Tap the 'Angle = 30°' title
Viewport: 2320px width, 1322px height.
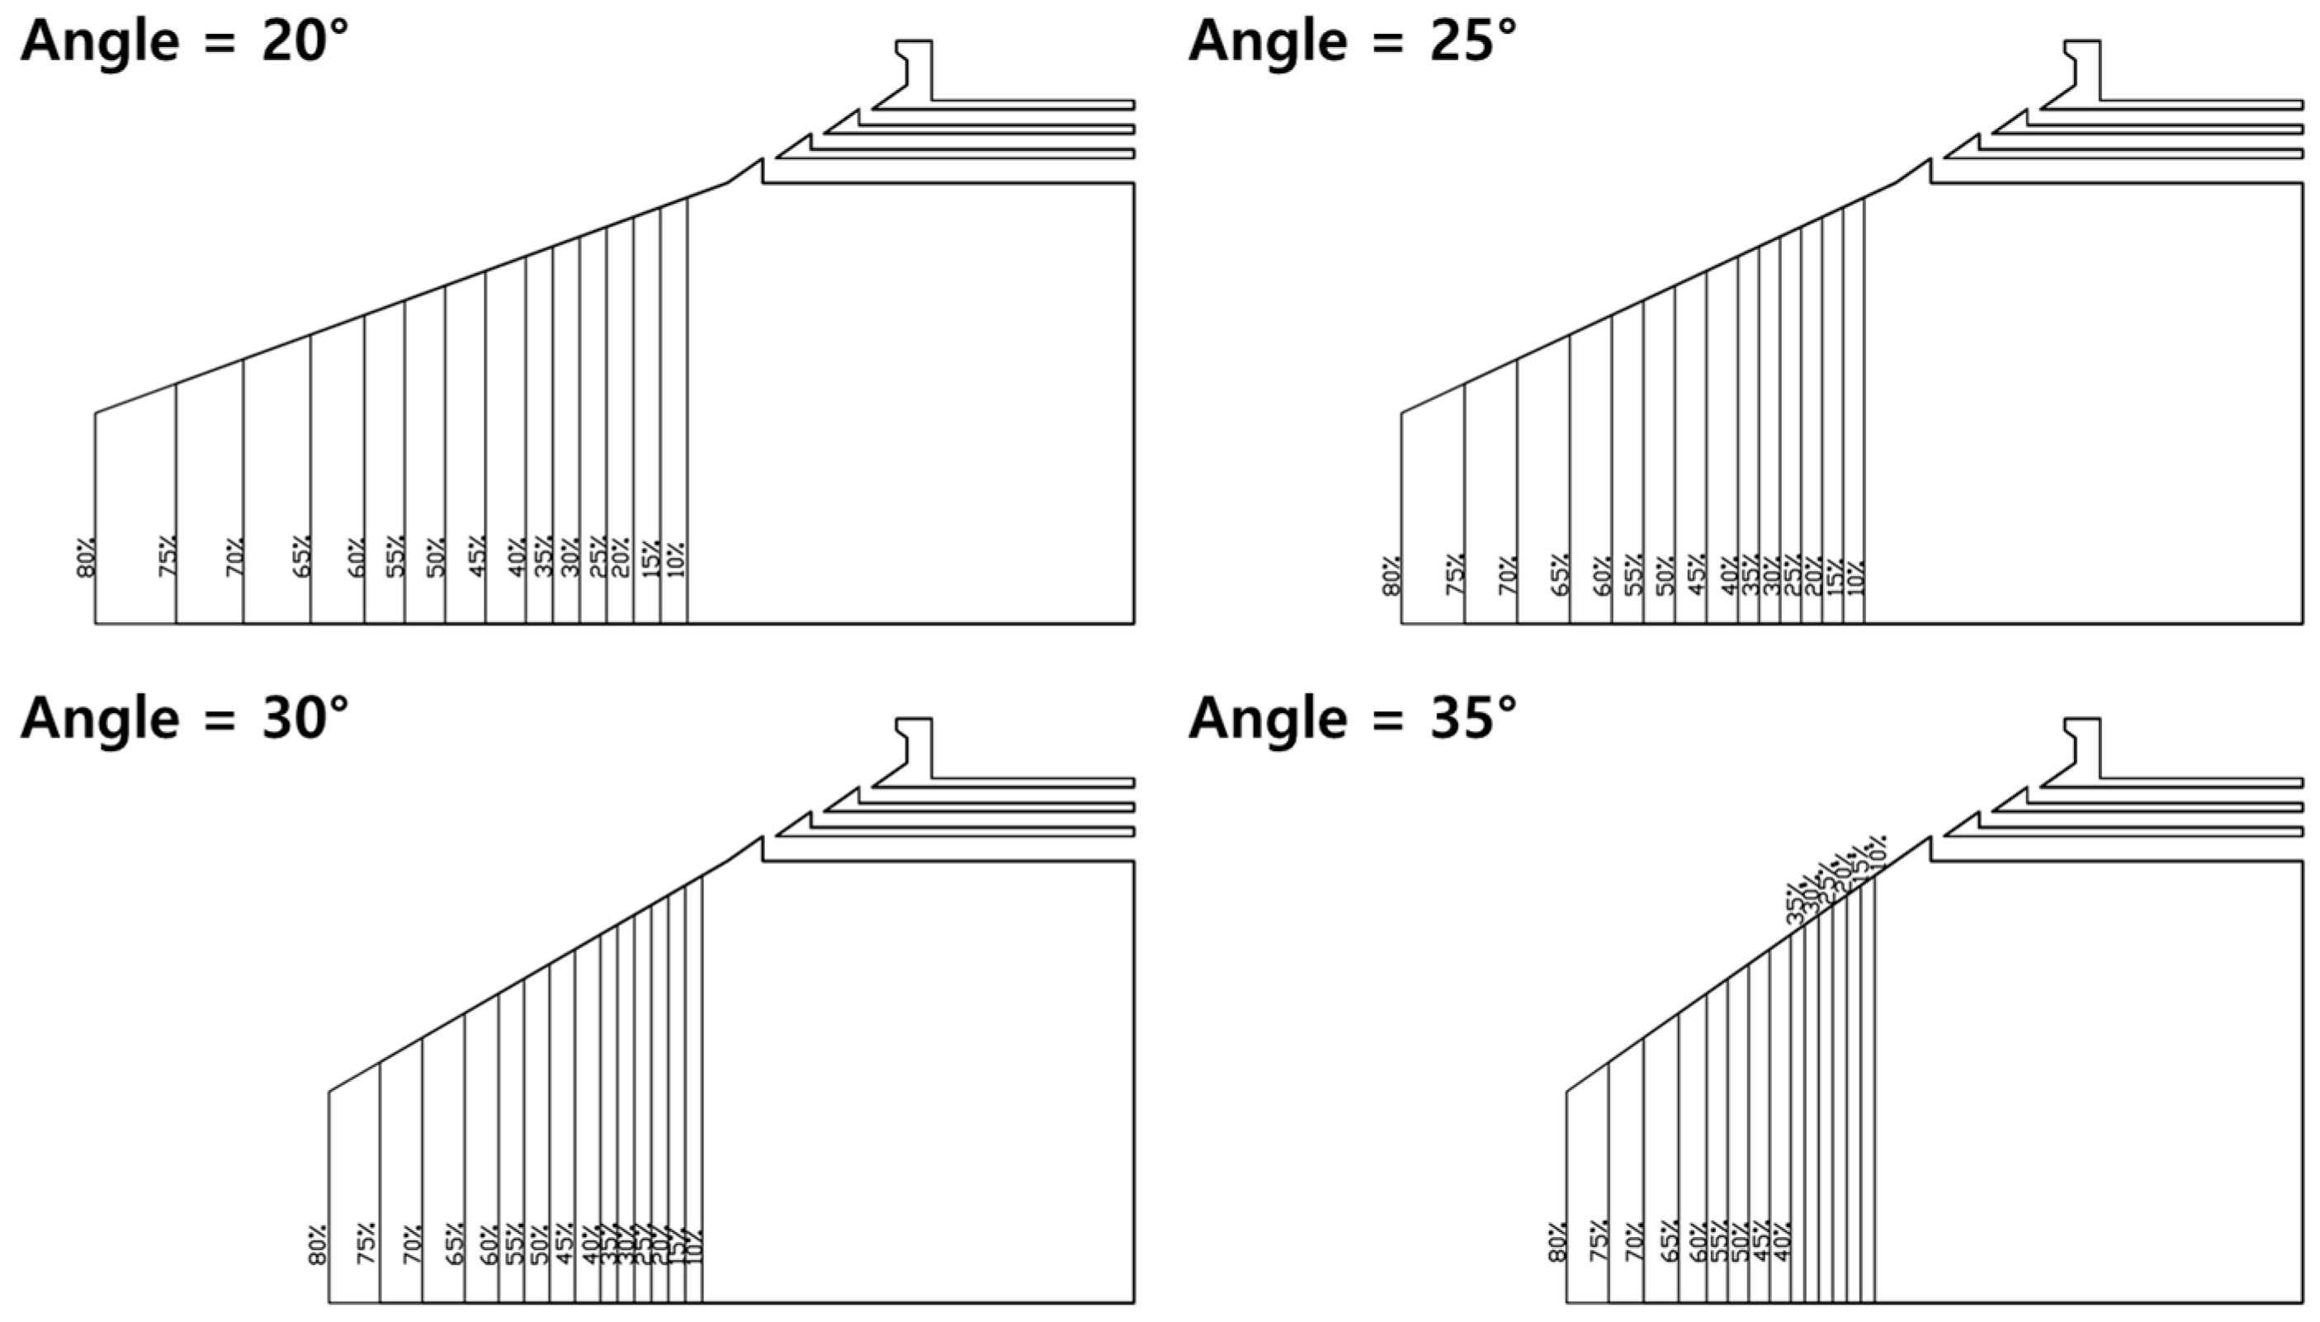[x=184, y=718]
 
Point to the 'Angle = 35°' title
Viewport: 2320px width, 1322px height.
[x=1352, y=718]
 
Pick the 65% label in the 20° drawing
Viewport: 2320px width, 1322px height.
[x=301, y=555]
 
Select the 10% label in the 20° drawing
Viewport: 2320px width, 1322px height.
[x=676, y=558]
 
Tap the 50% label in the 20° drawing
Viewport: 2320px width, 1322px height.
[x=436, y=558]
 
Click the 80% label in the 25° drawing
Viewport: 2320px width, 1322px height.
[x=1391, y=576]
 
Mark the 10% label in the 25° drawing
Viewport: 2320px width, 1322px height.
[x=1855, y=577]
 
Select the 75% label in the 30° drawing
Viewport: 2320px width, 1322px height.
[x=366, y=1244]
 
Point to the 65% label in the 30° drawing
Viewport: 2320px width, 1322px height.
[x=455, y=1244]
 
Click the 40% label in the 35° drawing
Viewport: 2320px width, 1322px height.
[x=1782, y=1242]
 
